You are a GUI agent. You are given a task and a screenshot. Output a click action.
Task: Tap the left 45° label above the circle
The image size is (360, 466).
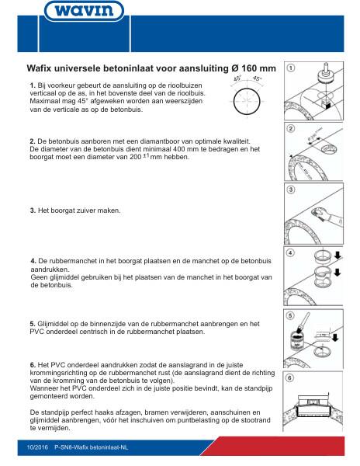[238, 78]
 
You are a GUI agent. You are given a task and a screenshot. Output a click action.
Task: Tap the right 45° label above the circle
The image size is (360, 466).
[258, 78]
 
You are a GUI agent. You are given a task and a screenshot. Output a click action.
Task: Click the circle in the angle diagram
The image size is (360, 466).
[248, 99]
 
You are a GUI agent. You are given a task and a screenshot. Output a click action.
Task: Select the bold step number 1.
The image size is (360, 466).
[32, 84]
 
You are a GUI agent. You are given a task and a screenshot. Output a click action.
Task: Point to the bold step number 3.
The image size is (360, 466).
[32, 210]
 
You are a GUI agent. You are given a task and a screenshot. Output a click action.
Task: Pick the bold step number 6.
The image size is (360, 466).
[32, 365]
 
